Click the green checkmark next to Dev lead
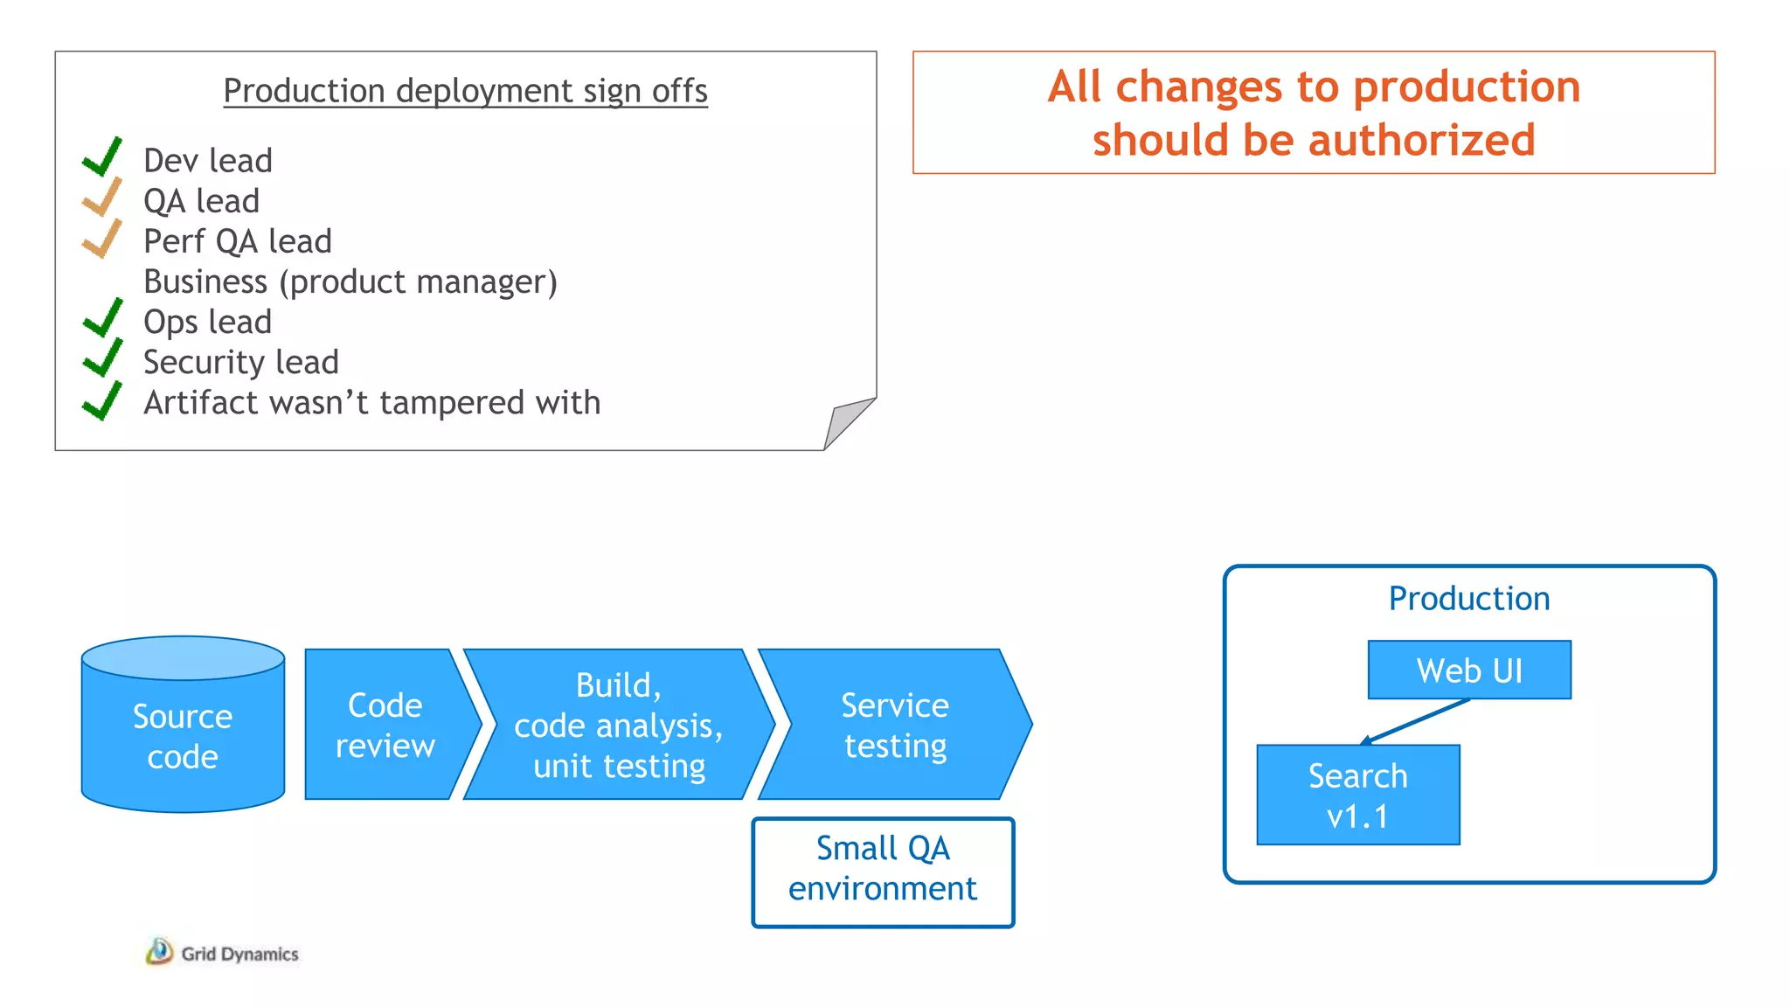[102, 158]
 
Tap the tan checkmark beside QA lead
[102, 198]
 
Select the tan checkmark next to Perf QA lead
[102, 239]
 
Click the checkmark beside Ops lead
[102, 319]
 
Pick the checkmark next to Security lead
[102, 359]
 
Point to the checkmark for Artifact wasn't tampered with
[102, 401]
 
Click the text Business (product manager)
[350, 281]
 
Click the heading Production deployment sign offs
[465, 91]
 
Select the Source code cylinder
[183, 736]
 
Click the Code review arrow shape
[385, 725]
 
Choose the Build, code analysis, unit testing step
[619, 725]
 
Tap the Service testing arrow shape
[895, 725]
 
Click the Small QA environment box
[883, 872]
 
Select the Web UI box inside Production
[1469, 670]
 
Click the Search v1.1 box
[1357, 795]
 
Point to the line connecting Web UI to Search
[1416, 720]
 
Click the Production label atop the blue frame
[1469, 599]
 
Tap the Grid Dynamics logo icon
[159, 951]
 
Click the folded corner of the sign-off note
[844, 422]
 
